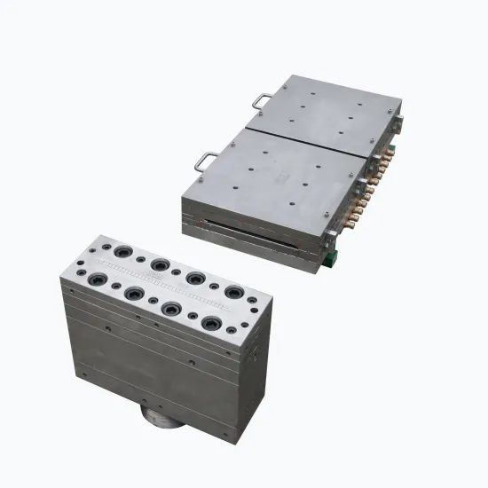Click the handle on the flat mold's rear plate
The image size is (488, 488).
click(263, 102)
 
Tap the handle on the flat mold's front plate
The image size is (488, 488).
click(207, 161)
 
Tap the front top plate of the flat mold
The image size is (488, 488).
click(275, 177)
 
